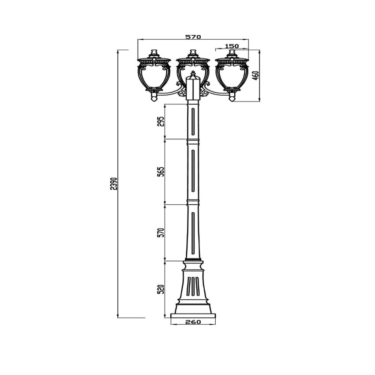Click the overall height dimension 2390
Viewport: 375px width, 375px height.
(x=115, y=184)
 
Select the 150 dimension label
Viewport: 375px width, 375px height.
(x=232, y=46)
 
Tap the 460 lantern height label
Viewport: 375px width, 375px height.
(x=256, y=75)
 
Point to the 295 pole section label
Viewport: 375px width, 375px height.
(x=161, y=121)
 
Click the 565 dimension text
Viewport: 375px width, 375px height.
(x=161, y=172)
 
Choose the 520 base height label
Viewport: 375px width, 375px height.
(x=161, y=289)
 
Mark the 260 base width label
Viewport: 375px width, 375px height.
(x=193, y=322)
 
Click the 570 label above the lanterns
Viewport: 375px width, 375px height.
(x=193, y=37)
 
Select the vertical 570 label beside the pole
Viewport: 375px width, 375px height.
(x=161, y=232)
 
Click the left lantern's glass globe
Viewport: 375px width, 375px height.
(x=154, y=76)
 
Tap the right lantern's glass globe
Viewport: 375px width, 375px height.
(x=232, y=76)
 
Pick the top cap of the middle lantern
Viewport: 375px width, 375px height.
(x=193, y=53)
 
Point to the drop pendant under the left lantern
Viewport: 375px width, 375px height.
(x=154, y=97)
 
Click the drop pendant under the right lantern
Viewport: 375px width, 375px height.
(x=232, y=97)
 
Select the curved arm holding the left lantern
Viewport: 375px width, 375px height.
(x=170, y=93)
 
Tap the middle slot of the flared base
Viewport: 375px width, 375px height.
(x=193, y=286)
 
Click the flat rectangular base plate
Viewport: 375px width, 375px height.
(x=193, y=316)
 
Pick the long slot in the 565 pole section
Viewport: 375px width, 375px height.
(x=193, y=171)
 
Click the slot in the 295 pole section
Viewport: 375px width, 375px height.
(x=193, y=121)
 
